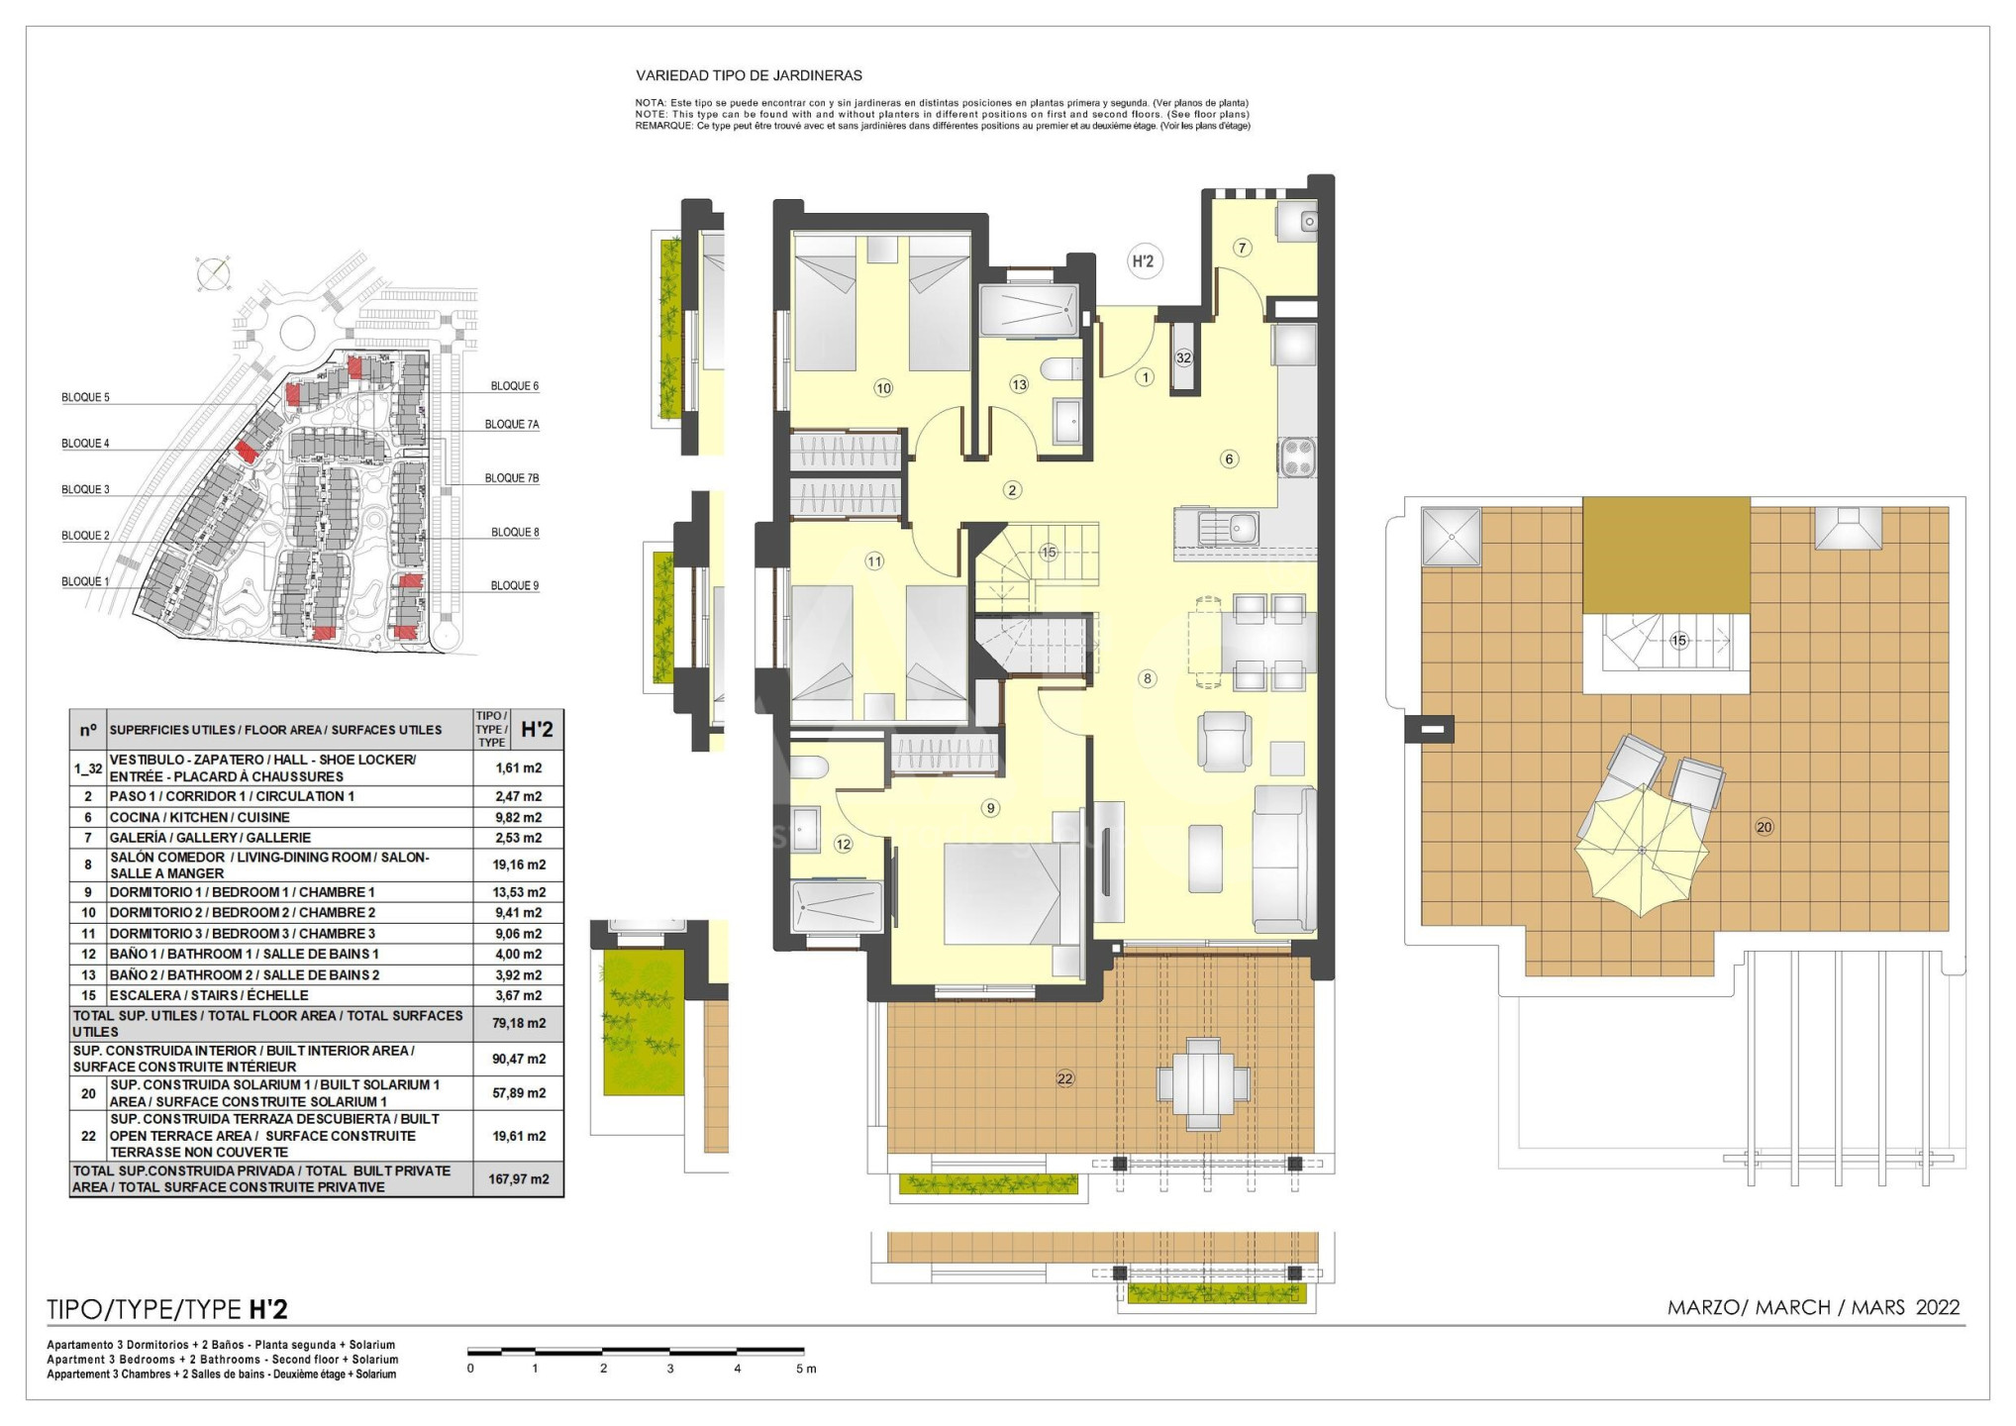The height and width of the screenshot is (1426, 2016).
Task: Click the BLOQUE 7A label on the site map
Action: coord(512,425)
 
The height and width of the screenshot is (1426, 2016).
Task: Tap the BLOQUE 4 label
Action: coord(85,444)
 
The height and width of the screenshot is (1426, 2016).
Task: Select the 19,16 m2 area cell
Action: coord(519,865)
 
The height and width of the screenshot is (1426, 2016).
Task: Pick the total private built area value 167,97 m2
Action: coord(519,1179)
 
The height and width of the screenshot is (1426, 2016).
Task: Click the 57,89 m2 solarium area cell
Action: coord(519,1093)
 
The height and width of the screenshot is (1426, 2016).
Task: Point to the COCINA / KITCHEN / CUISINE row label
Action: coord(199,818)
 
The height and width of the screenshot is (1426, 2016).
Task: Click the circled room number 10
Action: coord(883,388)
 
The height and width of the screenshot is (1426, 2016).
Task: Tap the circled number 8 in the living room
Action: coord(1147,678)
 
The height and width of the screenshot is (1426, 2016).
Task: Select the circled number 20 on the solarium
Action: coord(1764,827)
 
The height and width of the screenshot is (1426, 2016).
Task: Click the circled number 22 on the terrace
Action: coord(1064,1078)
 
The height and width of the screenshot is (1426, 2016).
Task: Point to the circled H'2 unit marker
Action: coord(1143,261)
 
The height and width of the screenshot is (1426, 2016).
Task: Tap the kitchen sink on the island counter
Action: coord(1229,528)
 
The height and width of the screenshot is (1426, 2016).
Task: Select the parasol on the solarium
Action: coord(1642,850)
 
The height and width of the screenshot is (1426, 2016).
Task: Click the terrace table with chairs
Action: coord(1203,1083)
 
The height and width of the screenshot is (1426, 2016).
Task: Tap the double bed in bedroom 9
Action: coord(1003,893)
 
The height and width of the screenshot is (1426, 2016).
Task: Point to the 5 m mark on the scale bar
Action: coord(806,1369)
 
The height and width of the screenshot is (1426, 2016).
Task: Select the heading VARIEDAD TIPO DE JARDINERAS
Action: coord(749,75)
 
